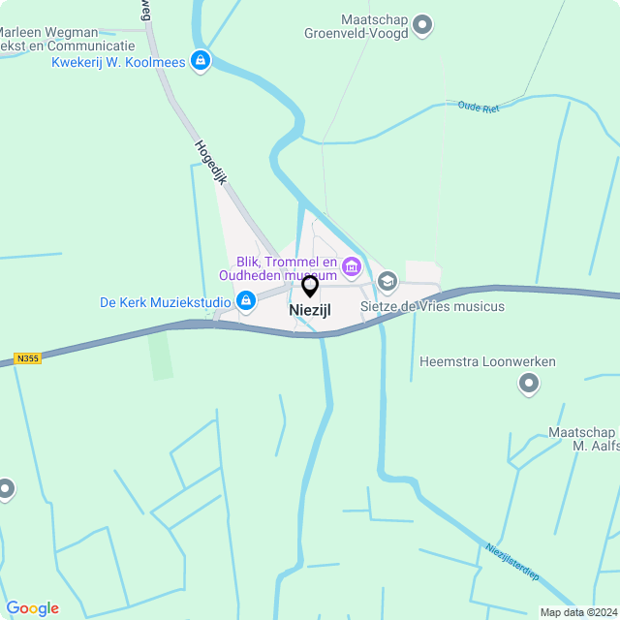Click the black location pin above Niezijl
[x=310, y=286]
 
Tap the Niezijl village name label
[x=310, y=310]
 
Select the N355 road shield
[x=27, y=358]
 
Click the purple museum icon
[x=351, y=264]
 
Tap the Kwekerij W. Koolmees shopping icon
[x=201, y=62]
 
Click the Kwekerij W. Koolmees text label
[x=118, y=62]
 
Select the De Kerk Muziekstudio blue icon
[x=246, y=302]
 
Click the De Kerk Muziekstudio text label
[x=165, y=302]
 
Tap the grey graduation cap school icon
[x=387, y=282]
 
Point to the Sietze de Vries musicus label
[x=432, y=306]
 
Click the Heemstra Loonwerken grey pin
[x=529, y=385]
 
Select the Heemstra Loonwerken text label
[x=487, y=362]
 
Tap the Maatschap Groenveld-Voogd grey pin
[x=422, y=24]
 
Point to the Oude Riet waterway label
[x=478, y=108]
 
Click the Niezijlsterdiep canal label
[x=511, y=562]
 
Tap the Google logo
[x=32, y=608]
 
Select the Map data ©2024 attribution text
[x=577, y=612]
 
